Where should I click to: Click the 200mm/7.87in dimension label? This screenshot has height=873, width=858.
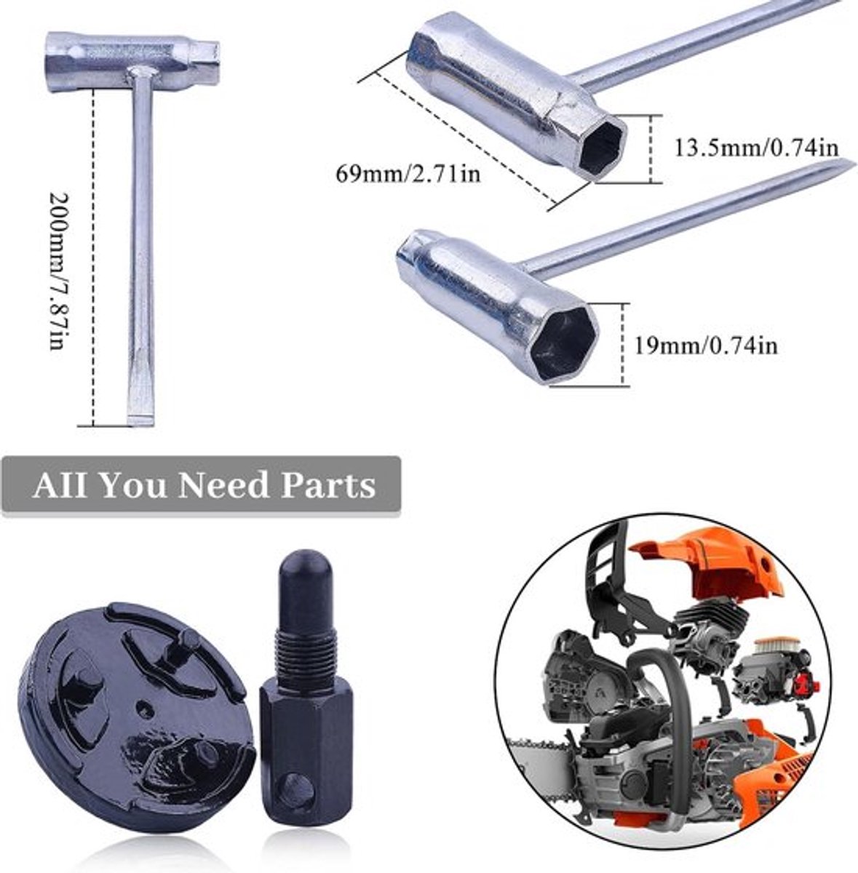point(60,271)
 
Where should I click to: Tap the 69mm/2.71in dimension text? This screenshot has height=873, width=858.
point(407,174)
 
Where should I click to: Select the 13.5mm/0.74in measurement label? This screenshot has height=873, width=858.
point(756,148)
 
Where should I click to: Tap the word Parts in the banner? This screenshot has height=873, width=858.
point(328,485)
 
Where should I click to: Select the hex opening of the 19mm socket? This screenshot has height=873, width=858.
point(563,344)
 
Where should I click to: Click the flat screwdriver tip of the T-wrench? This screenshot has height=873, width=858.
point(142,413)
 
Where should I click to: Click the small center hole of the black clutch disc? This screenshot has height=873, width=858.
point(144,707)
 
